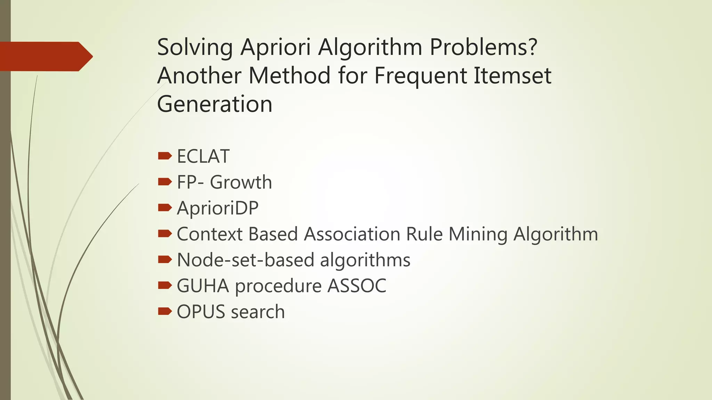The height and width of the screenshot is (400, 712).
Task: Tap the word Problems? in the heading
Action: tap(484, 48)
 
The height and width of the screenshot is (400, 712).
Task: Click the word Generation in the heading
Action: tap(215, 104)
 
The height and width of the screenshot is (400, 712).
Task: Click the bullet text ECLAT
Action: tap(203, 156)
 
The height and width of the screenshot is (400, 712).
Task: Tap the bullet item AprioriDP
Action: tap(218, 208)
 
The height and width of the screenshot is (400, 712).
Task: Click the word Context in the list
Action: tap(209, 234)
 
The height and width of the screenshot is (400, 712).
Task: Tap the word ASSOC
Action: tap(357, 286)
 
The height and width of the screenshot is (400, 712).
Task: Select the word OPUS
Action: tap(201, 312)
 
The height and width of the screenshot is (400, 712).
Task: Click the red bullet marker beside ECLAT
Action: tap(164, 156)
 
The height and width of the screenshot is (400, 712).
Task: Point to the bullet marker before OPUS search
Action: tap(164, 311)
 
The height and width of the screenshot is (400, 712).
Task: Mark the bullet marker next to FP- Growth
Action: tap(164, 182)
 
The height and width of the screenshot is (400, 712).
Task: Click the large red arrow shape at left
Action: tap(45, 56)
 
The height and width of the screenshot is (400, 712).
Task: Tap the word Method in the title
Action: tap(290, 76)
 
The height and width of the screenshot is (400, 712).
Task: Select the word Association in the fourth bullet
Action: tap(352, 234)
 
